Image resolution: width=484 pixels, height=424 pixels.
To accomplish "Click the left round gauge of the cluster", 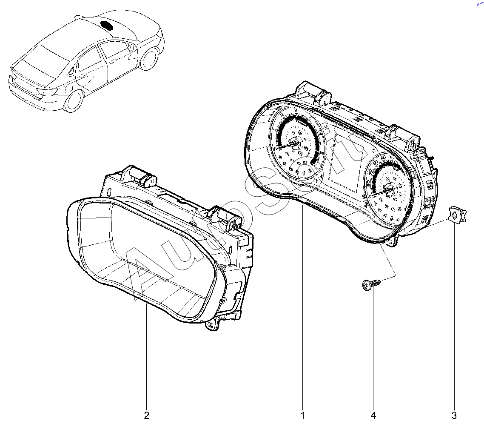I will tap(296, 143).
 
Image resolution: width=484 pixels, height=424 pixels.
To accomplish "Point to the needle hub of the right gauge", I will tap(390, 189).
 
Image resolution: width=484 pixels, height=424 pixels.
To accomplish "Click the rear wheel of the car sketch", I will tap(73, 101).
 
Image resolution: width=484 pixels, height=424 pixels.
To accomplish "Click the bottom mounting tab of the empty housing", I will tap(211, 326).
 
